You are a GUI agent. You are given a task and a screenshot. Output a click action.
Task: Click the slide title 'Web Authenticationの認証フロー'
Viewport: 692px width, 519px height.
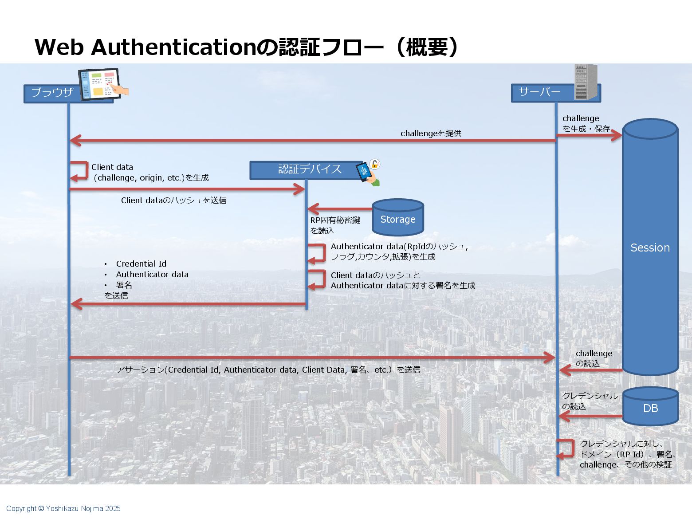pyautogui.click(x=246, y=47)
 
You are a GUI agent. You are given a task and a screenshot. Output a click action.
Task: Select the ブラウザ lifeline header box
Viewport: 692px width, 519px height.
pyautogui.click(x=52, y=93)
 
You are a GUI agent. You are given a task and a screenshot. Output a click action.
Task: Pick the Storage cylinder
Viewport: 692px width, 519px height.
pyautogui.click(x=398, y=219)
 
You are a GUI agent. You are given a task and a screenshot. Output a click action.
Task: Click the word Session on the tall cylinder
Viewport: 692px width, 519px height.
pyautogui.click(x=650, y=248)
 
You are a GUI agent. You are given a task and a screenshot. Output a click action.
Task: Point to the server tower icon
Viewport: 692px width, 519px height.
pyautogui.click(x=586, y=82)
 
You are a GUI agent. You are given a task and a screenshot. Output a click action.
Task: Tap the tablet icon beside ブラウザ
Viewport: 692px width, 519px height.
pyautogui.click(x=101, y=84)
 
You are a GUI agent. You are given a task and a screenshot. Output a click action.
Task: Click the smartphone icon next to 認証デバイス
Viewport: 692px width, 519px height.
pyautogui.click(x=365, y=171)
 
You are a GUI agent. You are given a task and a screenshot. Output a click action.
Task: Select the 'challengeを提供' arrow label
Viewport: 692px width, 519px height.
pyautogui.click(x=431, y=133)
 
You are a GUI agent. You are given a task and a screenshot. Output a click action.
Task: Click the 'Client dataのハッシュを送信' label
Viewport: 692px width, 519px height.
pyautogui.click(x=173, y=200)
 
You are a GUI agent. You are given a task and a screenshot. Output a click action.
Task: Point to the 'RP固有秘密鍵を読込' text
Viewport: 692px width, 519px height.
pyautogui.click(x=334, y=225)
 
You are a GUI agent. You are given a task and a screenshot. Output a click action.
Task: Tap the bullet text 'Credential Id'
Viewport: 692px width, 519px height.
pyautogui.click(x=141, y=263)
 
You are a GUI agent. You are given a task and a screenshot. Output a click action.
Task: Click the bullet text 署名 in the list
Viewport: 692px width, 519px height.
pyautogui.click(x=124, y=285)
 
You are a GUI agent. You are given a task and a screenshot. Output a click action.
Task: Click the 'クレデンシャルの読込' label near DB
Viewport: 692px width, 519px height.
pyautogui.click(x=589, y=401)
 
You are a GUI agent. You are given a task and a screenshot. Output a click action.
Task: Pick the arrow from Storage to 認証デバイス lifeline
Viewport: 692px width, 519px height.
pyautogui.click(x=340, y=209)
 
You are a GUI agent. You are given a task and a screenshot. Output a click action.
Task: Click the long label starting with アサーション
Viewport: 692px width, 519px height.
pyautogui.click(x=268, y=370)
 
